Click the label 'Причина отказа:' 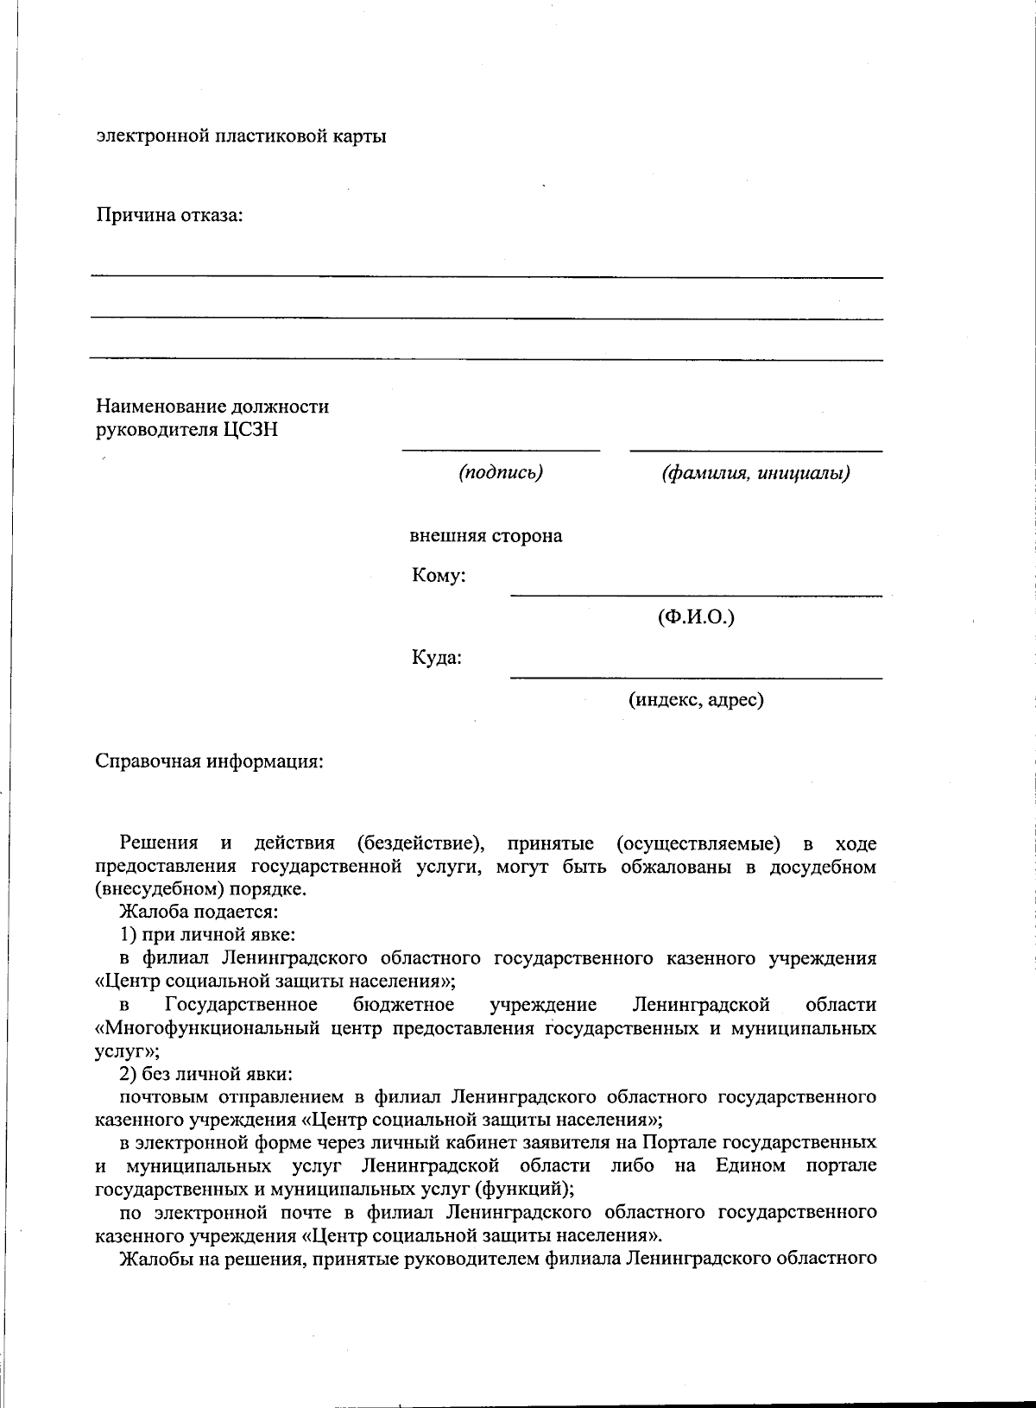(169, 215)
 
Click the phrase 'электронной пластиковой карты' (241, 136)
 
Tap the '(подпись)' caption (501, 472)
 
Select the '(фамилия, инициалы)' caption (755, 473)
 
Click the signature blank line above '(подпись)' (501, 450)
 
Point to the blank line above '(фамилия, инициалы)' (755, 451)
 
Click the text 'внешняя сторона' (486, 536)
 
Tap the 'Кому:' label (439, 576)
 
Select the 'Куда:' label (436, 659)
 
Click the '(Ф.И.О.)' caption (696, 617)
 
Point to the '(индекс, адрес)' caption (696, 699)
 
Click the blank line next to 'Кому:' (696, 595)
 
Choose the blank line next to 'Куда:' (696, 678)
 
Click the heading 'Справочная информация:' (209, 762)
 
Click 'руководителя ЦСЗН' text (186, 430)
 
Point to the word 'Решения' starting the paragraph (159, 843)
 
